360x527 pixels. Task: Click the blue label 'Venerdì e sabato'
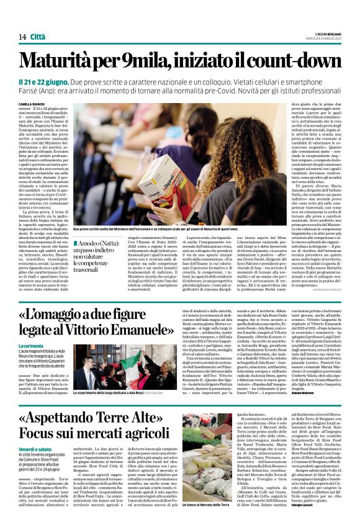coord(35,449)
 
